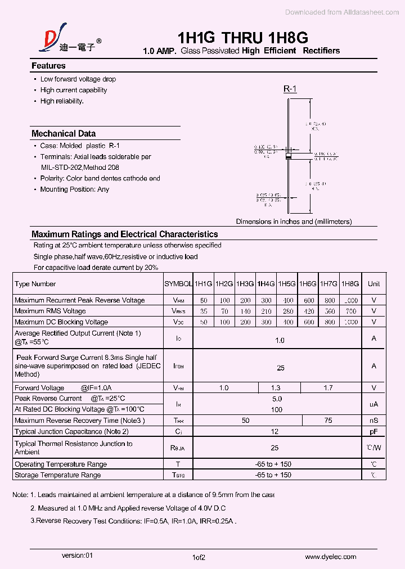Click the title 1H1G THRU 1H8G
pyautogui.click(x=242, y=38)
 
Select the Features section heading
pyautogui.click(x=48, y=66)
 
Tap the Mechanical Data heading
pyautogui.click(x=64, y=134)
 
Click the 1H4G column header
pyautogui.click(x=265, y=284)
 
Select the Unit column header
pyautogui.click(x=373, y=284)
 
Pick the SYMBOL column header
pyautogui.click(x=178, y=284)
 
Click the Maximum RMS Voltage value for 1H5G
pyautogui.click(x=288, y=311)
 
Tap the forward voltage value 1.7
pyautogui.click(x=328, y=387)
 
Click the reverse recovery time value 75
pyautogui.click(x=328, y=420)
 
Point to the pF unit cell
pyautogui.click(x=373, y=431)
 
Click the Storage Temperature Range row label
pyautogui.click(x=58, y=475)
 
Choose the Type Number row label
pyautogui.click(x=35, y=284)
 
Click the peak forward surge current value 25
pyautogui.click(x=280, y=368)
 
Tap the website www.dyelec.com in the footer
pyautogui.click(x=331, y=557)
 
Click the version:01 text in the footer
pyautogui.click(x=77, y=555)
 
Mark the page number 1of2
pyautogui.click(x=199, y=557)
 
